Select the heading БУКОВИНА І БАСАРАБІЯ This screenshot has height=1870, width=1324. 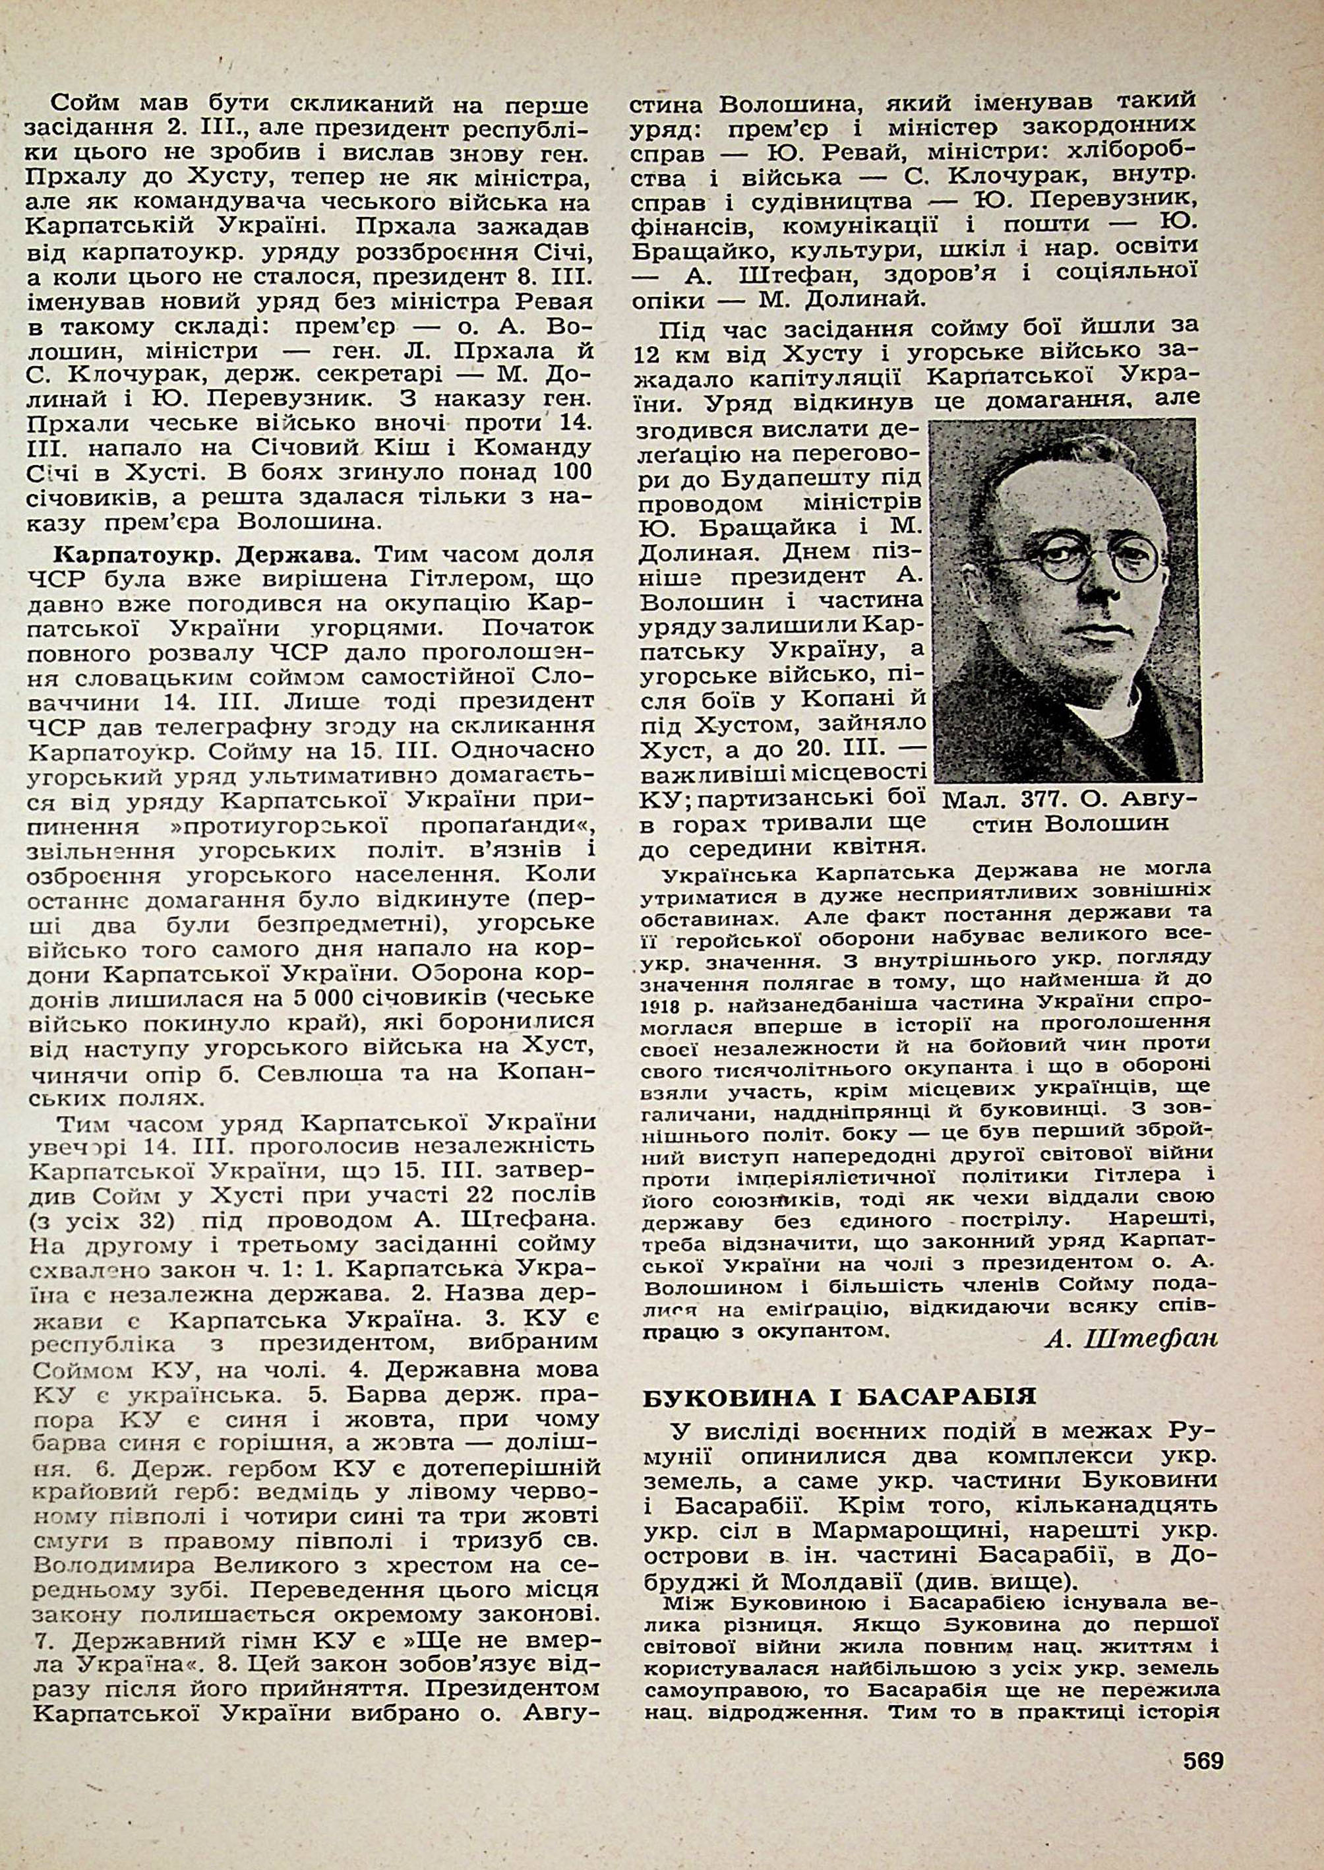(840, 1396)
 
